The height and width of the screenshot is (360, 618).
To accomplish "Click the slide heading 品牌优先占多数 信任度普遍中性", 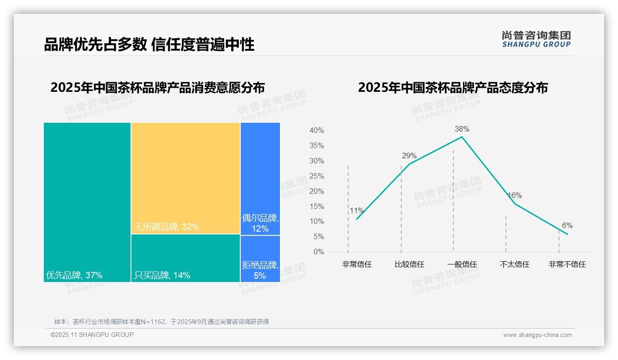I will (149, 45).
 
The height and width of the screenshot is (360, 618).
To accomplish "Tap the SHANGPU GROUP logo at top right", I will (536, 39).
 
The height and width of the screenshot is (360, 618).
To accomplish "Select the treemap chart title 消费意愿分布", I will (157, 88).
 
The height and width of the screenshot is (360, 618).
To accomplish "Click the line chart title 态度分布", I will (452, 88).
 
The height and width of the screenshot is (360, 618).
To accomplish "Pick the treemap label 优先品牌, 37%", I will (74, 276).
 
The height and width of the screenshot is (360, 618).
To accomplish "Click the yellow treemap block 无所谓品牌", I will (185, 178).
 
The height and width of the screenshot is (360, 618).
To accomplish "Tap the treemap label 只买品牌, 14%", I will (162, 276).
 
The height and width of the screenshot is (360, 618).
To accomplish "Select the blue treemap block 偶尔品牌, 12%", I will (260, 178).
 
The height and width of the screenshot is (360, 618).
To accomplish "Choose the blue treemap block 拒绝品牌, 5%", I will (260, 258).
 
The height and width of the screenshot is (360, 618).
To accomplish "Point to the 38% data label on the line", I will (462, 129).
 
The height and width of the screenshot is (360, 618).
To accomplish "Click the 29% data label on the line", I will (409, 156).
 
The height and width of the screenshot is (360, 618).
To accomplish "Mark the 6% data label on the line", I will (567, 226).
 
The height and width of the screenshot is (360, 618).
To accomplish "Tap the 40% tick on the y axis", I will (316, 131).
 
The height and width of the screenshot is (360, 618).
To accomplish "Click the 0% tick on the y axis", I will (319, 252).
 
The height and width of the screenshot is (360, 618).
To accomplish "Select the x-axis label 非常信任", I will (357, 264).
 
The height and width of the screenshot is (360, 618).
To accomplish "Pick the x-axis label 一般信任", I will (462, 264).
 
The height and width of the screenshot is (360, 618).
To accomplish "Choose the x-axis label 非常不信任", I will (567, 264).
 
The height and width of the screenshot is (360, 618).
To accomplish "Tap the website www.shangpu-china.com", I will (537, 335).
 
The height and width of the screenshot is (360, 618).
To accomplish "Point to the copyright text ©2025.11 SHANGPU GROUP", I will (92, 335).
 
